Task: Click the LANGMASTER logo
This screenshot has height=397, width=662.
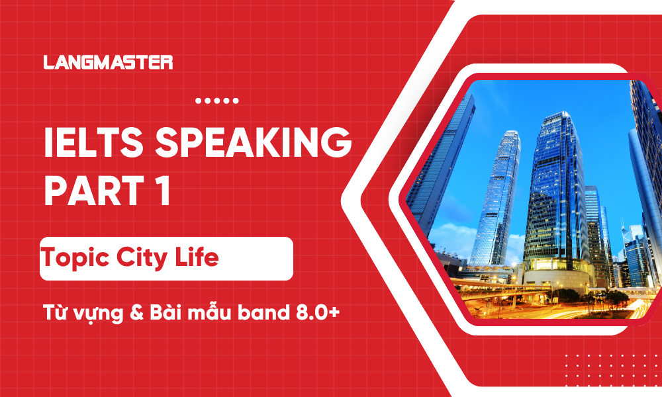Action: [x=108, y=63]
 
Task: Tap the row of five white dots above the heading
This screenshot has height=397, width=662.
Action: [x=217, y=101]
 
